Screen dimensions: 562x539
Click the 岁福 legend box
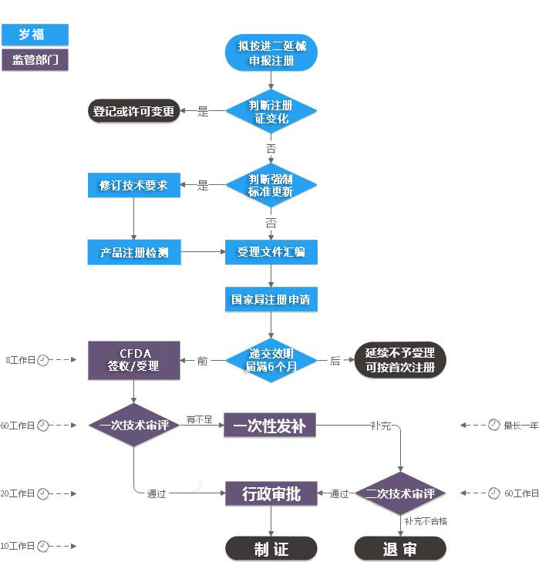pyautogui.click(x=35, y=35)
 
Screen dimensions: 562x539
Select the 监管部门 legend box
pyautogui.click(x=35, y=60)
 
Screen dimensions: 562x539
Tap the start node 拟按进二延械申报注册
pyautogui.click(x=271, y=52)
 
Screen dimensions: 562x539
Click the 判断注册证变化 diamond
pyautogui.click(x=271, y=112)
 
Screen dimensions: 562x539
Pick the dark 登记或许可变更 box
pyautogui.click(x=133, y=112)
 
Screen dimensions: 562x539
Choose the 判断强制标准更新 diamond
pyautogui.click(x=271, y=185)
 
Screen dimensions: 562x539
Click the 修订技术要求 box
pyautogui.click(x=133, y=185)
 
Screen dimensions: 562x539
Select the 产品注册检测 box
pyautogui.click(x=133, y=252)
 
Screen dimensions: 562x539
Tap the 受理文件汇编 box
pyautogui.click(x=271, y=252)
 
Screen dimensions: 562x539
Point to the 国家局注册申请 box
pyautogui.click(x=271, y=299)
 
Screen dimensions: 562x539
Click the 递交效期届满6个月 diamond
pyautogui.click(x=271, y=360)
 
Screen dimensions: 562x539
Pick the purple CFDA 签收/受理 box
pyautogui.click(x=133, y=360)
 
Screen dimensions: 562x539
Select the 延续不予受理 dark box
pyautogui.click(x=400, y=360)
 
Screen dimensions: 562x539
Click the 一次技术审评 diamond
pyautogui.click(x=133, y=425)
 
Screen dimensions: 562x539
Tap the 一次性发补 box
pyautogui.click(x=271, y=425)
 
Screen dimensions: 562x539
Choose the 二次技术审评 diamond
pyautogui.click(x=400, y=493)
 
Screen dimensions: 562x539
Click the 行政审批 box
pyautogui.click(x=271, y=493)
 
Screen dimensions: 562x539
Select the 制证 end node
pyautogui.click(x=271, y=548)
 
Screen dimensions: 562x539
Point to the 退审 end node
pyautogui.click(x=400, y=548)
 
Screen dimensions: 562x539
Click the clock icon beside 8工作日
pyautogui.click(x=43, y=360)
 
